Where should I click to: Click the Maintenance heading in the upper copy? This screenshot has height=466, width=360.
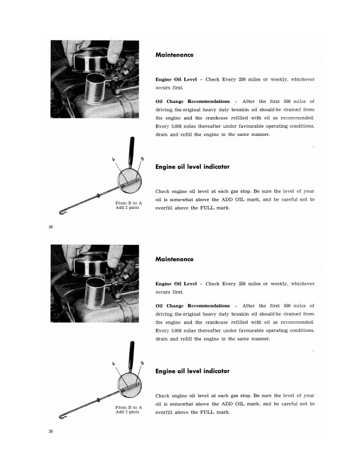[174, 55]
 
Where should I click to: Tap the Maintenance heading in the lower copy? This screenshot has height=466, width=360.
[174, 259]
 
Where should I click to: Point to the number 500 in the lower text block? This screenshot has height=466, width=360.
[288, 306]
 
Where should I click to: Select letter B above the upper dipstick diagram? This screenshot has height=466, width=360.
[142, 158]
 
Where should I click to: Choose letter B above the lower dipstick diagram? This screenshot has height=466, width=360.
[142, 362]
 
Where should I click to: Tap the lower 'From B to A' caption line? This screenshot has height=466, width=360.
[128, 407]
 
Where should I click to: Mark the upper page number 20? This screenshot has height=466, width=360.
[51, 227]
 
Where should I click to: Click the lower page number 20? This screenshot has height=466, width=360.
[51, 431]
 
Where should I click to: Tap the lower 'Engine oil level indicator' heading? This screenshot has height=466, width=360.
[192, 371]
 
